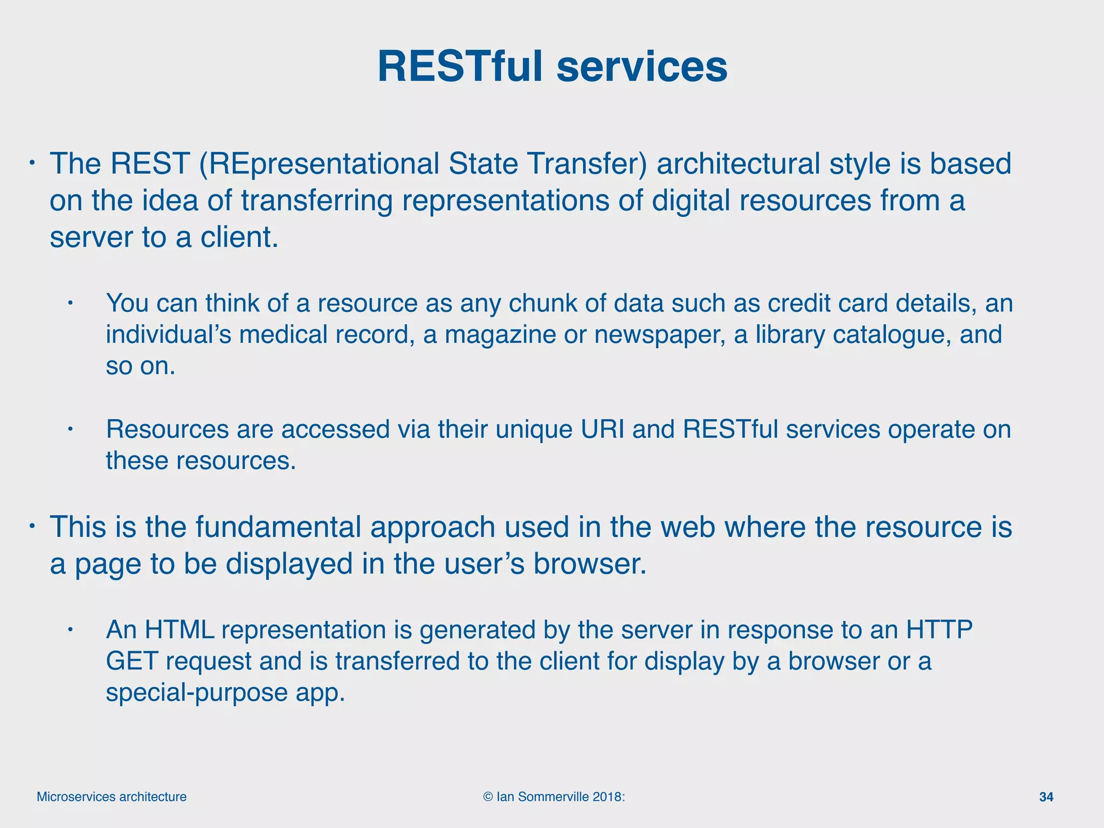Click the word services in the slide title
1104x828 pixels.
click(x=641, y=67)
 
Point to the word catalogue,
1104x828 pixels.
click(x=885, y=335)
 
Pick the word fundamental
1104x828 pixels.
click(x=278, y=527)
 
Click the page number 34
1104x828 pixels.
click(x=1046, y=797)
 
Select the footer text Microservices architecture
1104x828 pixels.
click(x=112, y=797)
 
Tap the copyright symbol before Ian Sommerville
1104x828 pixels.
click(x=488, y=797)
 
